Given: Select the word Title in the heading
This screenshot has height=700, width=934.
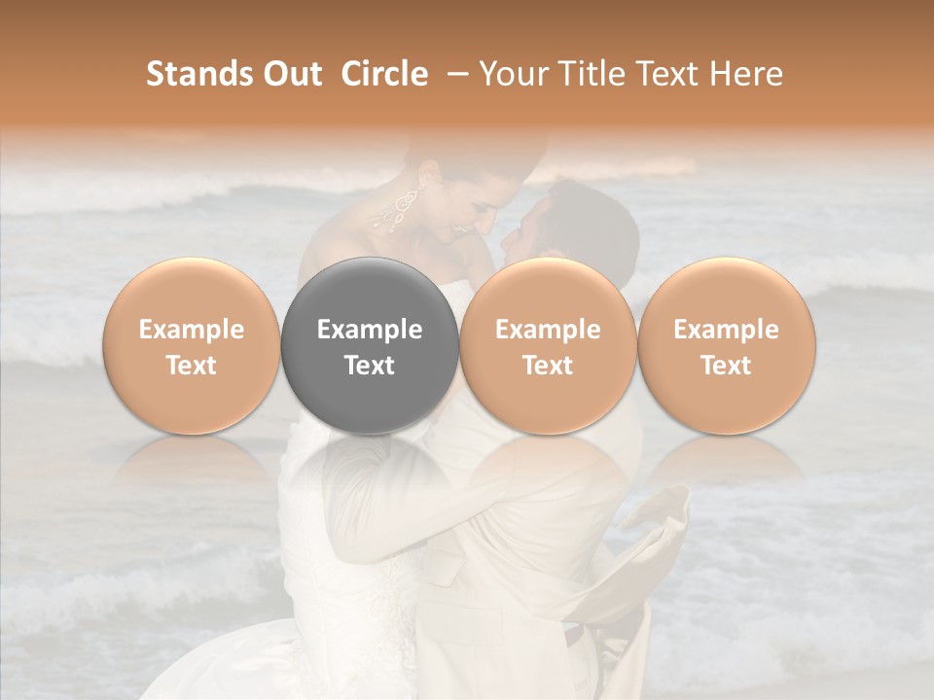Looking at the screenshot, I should coord(584,74).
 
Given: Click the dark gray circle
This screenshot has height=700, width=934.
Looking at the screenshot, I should coord(370,346).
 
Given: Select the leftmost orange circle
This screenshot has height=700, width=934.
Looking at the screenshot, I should coord(192,346).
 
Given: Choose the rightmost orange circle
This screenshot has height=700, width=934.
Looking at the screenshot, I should coord(727,346).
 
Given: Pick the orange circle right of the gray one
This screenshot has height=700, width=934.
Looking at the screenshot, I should coord(548,346).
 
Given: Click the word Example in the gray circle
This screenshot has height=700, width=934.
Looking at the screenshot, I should coord(370,330).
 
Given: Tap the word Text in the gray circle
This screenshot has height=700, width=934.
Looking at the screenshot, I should coord(370,366).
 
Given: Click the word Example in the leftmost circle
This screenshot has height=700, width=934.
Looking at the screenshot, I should coord(192,330).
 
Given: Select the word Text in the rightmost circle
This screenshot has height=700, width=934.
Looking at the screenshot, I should coord(727,366).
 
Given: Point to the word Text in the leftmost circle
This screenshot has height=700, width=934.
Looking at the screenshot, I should coord(192,366).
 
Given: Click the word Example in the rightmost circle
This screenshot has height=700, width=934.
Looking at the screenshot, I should coord(727,330).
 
